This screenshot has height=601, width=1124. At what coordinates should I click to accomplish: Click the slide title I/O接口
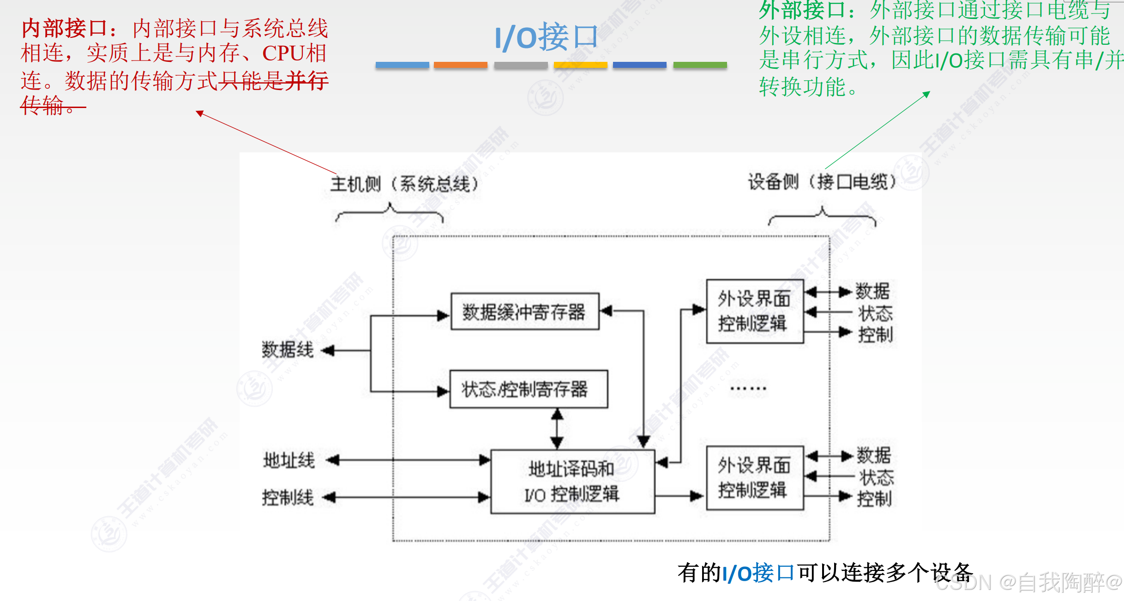pos(546,37)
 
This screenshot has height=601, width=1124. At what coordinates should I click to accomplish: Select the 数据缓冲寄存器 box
pos(525,312)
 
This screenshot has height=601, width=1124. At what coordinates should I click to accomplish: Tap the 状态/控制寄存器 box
pos(529,389)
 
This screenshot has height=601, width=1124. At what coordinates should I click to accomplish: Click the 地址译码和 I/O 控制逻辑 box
pos(572,481)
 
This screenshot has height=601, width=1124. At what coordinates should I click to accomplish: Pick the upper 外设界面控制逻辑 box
pos(755,311)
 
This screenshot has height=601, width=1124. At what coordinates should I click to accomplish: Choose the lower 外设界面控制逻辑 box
pos(755,478)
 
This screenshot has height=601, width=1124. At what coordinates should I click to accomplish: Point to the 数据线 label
pos(287,350)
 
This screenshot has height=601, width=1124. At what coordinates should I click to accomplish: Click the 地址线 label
pos(289,460)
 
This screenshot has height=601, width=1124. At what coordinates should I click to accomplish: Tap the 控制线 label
pos(288,498)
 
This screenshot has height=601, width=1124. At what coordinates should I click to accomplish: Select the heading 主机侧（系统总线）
pos(404,184)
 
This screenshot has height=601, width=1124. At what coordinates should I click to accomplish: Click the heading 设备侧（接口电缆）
pos(822,182)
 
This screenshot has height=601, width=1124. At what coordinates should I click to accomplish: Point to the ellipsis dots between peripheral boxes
pos(748,389)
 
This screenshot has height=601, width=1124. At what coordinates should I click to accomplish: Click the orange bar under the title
pos(460,65)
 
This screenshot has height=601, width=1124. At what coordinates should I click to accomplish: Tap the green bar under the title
pos(700,65)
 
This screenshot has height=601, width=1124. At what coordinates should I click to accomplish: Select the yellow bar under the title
pos(580,65)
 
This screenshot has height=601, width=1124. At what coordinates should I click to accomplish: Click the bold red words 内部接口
pos(65,29)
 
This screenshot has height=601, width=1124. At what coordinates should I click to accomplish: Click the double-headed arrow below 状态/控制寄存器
pos(557,429)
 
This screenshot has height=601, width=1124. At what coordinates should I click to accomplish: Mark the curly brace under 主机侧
pos(390,213)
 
